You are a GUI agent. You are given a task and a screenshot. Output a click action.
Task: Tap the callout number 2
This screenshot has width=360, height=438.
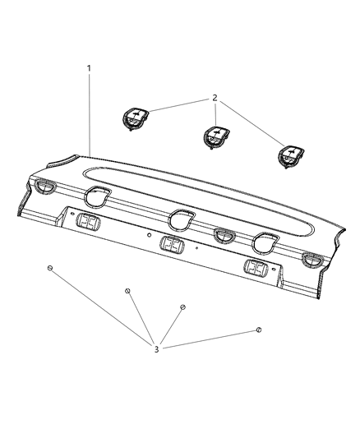(215, 98)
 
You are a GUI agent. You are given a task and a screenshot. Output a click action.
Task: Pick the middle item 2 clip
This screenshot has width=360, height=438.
(215, 135)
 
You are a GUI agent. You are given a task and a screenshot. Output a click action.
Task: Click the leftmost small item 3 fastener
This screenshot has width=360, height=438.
(50, 269)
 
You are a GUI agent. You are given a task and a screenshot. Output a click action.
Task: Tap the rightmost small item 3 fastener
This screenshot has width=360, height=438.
(258, 329)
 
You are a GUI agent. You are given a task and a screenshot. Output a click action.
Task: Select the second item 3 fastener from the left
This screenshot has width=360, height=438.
(127, 291)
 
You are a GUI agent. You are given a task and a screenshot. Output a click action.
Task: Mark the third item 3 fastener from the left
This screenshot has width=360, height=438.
(182, 307)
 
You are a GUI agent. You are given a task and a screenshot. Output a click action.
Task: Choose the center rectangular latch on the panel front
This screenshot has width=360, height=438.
(172, 245)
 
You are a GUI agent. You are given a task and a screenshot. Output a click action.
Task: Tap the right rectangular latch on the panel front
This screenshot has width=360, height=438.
(256, 269)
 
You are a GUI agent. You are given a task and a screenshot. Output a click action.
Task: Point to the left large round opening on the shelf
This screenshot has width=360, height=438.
(97, 196)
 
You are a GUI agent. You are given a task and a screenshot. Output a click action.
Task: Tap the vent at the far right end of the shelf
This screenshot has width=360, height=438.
(313, 261)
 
